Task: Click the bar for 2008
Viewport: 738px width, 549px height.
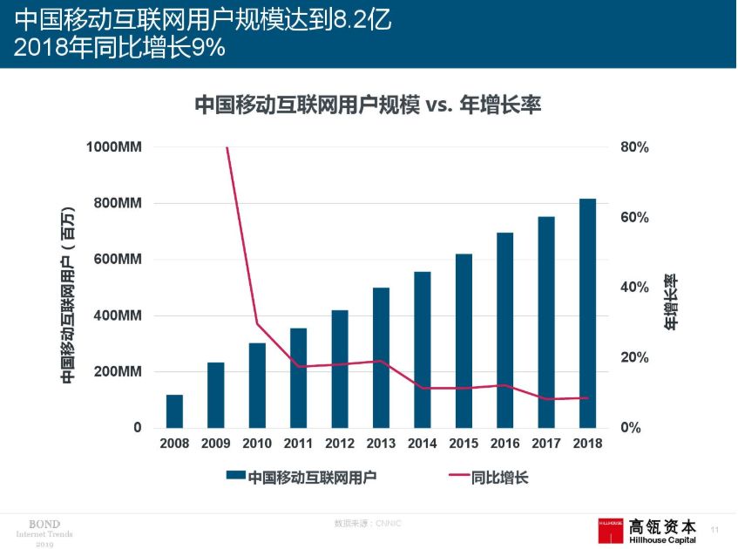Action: (x=174, y=411)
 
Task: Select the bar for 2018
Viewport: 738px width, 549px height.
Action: (x=588, y=314)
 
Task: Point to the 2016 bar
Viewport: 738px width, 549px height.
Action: (x=505, y=330)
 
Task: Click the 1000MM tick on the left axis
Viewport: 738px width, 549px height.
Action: (x=114, y=147)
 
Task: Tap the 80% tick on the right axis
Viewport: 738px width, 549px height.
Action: (x=634, y=147)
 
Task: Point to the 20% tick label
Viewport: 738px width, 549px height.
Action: (x=634, y=358)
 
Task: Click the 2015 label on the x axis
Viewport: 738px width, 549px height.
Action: (x=464, y=444)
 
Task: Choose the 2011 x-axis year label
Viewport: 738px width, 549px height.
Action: (x=298, y=444)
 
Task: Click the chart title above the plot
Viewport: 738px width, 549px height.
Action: (x=368, y=105)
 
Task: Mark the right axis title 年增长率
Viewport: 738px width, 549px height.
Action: (x=671, y=302)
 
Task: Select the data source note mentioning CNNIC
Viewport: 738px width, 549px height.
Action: (x=367, y=523)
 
